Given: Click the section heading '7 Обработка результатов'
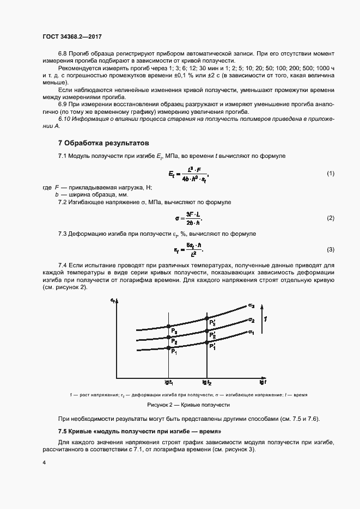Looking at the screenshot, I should point(103,144).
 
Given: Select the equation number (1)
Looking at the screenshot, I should point(330,173).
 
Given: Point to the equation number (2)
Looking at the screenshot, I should point(330,218).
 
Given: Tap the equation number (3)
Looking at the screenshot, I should point(330,249).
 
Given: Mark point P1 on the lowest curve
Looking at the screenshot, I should point(168,348).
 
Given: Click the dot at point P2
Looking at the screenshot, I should point(168,337).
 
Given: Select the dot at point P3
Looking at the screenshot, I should point(168,327).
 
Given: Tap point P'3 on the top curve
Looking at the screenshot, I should point(206,318).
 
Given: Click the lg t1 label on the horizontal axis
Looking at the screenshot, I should point(168,382).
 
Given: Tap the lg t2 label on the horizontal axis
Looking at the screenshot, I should point(206,382).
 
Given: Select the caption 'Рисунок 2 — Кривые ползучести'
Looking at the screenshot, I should point(188,405).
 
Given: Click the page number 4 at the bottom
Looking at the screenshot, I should point(44,462).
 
